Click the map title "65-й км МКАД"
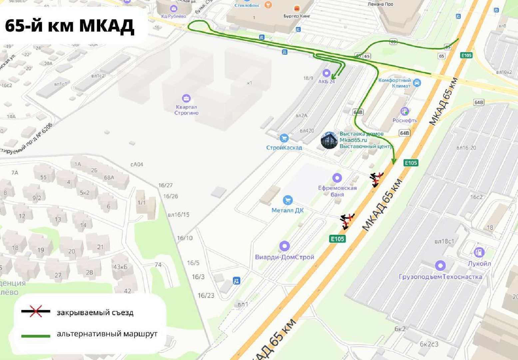coord(70,26)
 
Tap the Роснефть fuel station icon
coord(404,111)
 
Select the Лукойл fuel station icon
coord(479,252)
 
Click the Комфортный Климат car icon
coord(416,83)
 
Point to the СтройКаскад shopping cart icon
coord(284,138)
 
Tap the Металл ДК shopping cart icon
coord(287,201)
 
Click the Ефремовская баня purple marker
coord(337,178)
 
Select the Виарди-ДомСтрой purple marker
coord(284,247)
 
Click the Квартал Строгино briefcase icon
coord(186,98)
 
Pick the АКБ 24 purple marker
coord(326,73)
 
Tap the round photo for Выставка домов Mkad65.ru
coord(329,140)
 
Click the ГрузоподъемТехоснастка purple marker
coord(440,266)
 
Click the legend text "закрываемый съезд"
coord(95,313)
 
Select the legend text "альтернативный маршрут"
coord(107,334)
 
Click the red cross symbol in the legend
coord(36,311)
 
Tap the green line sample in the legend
coord(36,336)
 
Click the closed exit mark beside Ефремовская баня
coord(377,179)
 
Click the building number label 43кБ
coord(121,267)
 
